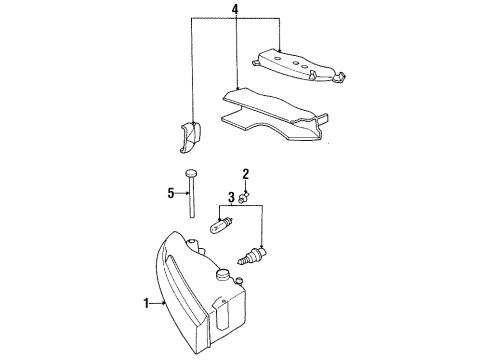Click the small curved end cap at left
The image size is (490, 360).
point(187,137)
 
